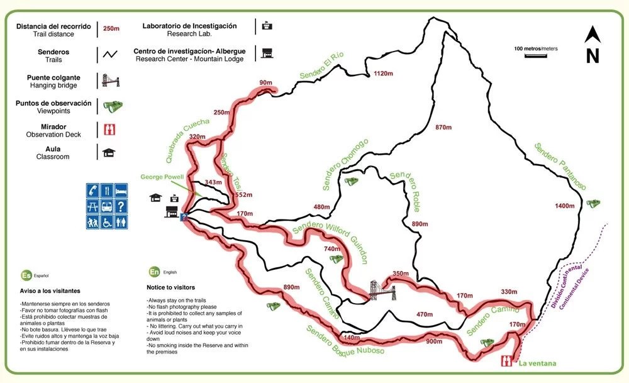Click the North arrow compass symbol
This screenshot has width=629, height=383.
[592, 45]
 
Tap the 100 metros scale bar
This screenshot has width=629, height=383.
[535, 55]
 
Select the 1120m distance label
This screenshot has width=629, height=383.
[383, 74]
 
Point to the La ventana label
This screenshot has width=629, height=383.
[537, 363]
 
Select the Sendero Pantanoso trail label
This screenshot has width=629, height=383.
[560, 167]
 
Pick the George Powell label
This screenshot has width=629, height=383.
[160, 177]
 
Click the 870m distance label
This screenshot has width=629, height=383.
[444, 128]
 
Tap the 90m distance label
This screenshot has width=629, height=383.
[265, 82]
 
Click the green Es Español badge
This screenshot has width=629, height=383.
[26, 275]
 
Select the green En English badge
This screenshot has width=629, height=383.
[154, 272]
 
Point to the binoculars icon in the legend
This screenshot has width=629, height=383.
[113, 107]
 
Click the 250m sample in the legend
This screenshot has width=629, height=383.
[111, 28]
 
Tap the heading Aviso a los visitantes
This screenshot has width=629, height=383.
[49, 291]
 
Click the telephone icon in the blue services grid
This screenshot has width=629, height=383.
[93, 189]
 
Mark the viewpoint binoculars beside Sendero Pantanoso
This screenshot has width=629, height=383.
[593, 203]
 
